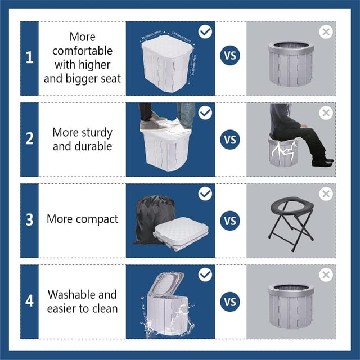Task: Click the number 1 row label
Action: tap(29, 57)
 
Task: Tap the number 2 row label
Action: tap(29, 138)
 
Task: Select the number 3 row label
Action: tap(29, 219)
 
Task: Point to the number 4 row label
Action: tap(29, 300)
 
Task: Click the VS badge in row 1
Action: tap(230, 57)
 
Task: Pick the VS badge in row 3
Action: tap(230, 220)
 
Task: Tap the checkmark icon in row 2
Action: tap(205, 112)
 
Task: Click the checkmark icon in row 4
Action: tap(205, 274)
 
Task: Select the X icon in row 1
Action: tap(326, 32)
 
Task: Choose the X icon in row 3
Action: tap(326, 194)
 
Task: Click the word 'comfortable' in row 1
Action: tap(83, 51)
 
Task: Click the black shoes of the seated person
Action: tap(322, 162)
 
